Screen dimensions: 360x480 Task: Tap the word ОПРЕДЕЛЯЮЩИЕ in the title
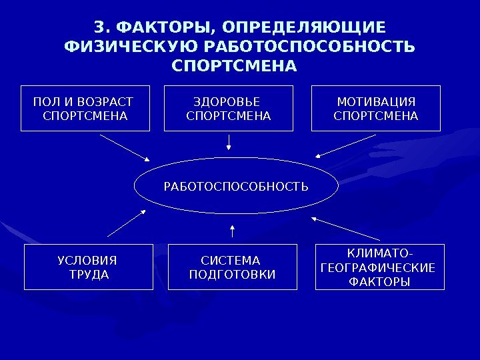point(305,28)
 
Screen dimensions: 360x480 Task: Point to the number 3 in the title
point(99,28)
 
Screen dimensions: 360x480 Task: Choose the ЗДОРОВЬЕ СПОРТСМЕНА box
point(229,109)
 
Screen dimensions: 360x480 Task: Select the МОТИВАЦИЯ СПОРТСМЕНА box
point(376,109)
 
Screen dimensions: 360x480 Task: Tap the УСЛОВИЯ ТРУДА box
point(89,267)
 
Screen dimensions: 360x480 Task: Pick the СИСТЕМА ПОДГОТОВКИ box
point(232,267)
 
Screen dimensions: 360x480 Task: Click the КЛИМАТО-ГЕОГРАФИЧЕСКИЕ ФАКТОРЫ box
point(379,267)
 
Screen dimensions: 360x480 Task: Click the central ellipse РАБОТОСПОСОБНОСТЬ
point(236,185)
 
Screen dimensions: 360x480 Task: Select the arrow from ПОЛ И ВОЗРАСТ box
point(125,147)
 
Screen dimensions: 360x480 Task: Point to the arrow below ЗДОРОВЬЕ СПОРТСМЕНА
point(229,142)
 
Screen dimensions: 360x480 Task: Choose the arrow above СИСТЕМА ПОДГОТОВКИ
point(232,231)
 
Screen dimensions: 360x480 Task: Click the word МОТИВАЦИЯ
point(376,102)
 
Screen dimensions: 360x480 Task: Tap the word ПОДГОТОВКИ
point(232,275)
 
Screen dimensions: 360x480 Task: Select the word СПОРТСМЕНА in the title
point(234,67)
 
